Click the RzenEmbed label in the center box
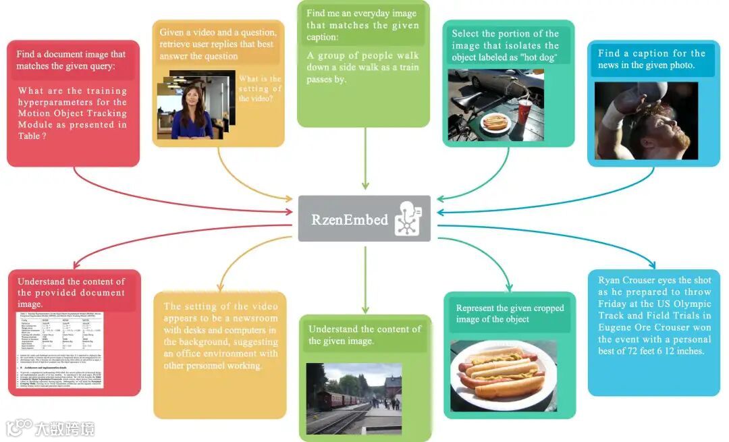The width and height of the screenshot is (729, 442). pos(350,219)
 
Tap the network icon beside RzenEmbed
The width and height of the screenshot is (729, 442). pos(408,218)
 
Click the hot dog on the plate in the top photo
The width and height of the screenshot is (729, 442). pos(496,122)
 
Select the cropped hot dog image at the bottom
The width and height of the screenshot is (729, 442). pos(503,375)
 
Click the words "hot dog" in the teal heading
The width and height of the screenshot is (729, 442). pos(537,58)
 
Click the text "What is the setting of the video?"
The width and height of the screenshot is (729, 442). pos(260,88)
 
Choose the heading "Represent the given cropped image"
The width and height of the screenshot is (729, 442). pos(510,314)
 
